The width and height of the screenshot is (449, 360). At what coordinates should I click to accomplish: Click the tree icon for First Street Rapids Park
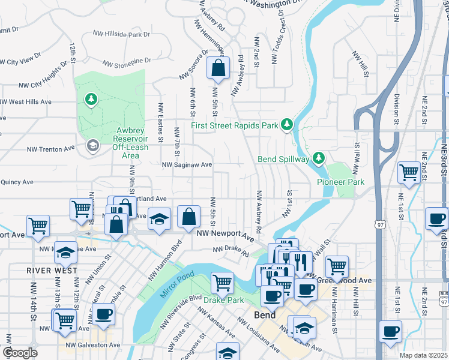click(x=288, y=124)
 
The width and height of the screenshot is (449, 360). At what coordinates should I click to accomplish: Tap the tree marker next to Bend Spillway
click(x=318, y=158)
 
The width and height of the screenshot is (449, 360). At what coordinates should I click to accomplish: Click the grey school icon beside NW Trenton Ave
click(x=92, y=145)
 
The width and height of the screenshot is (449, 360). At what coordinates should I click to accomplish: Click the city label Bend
click(x=264, y=315)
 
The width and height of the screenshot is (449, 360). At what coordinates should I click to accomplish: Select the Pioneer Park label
click(x=341, y=181)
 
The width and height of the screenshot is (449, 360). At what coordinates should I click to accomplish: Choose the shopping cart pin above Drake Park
click(x=222, y=282)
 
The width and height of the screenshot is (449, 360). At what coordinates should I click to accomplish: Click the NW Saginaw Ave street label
click(x=187, y=164)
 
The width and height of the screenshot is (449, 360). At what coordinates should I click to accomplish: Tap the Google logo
click(x=20, y=352)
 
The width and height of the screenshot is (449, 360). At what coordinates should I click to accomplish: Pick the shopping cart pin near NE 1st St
click(x=409, y=173)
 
